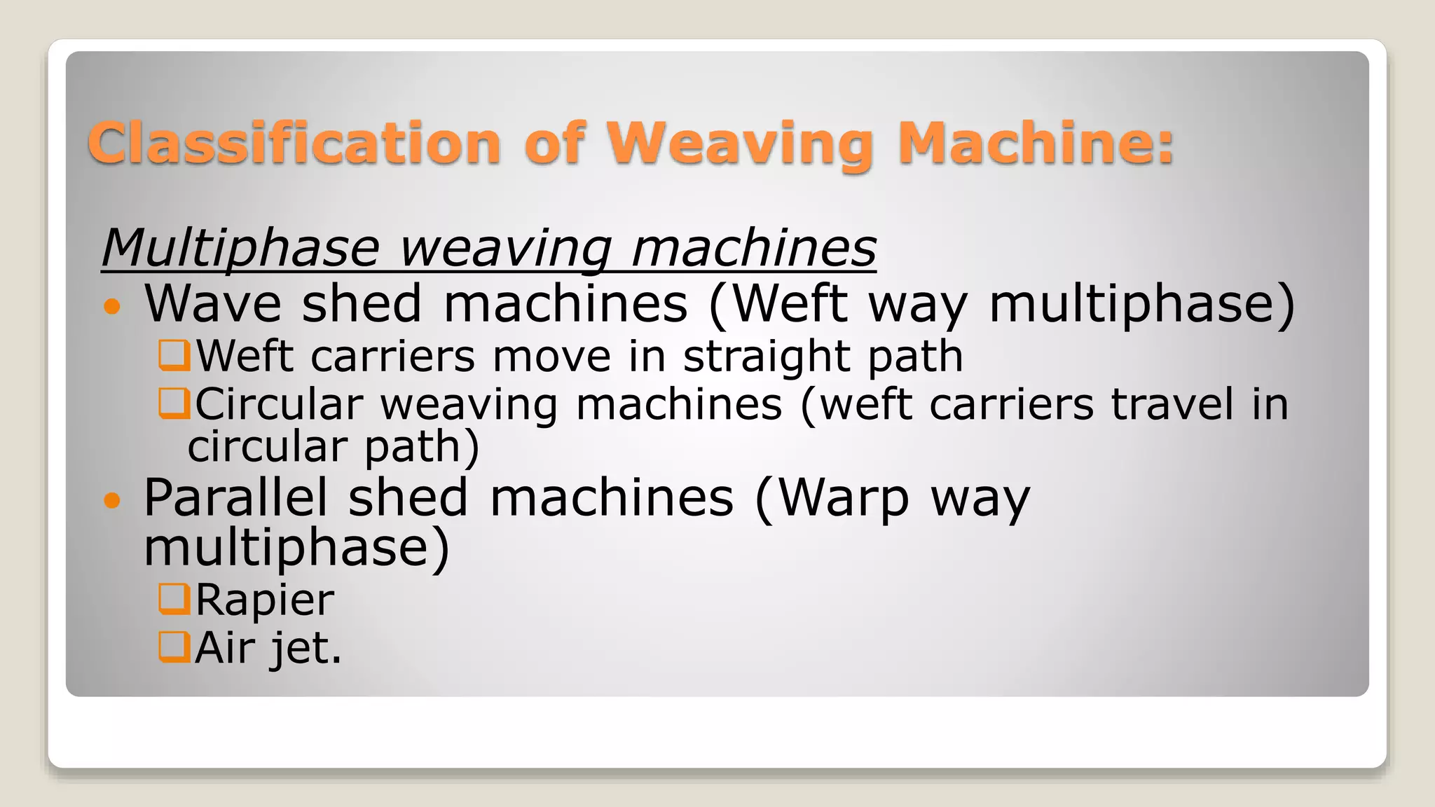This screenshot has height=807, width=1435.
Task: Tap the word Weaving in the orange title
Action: click(x=740, y=145)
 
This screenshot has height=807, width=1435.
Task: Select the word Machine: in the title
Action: click(x=1036, y=144)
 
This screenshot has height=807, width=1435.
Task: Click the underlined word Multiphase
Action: click(x=240, y=249)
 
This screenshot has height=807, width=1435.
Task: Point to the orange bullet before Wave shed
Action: click(x=112, y=306)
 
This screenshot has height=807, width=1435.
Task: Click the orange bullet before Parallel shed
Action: click(x=112, y=500)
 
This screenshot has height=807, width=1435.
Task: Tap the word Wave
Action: click(x=212, y=304)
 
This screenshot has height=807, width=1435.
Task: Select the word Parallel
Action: click(x=235, y=498)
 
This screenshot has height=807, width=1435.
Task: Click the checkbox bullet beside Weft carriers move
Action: click(x=174, y=355)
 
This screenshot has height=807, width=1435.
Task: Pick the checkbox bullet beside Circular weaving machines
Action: click(x=174, y=403)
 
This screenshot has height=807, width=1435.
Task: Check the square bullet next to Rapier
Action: click(x=174, y=599)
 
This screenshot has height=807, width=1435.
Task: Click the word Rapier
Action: click(x=265, y=600)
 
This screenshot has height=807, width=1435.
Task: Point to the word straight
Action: click(x=766, y=357)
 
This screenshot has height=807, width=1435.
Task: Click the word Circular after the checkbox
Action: click(x=279, y=405)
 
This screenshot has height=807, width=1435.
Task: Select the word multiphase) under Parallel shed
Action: click(x=296, y=549)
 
